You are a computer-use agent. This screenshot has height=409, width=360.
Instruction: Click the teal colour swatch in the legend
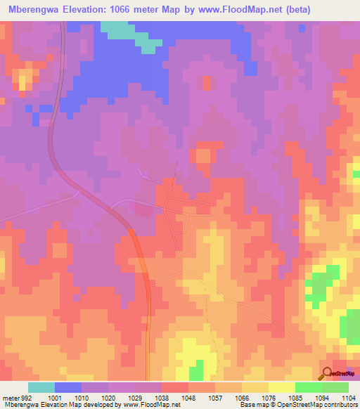(41, 387)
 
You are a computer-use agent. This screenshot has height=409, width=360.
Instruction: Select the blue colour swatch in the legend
(68, 387)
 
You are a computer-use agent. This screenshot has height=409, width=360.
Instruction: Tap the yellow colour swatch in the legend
(282, 387)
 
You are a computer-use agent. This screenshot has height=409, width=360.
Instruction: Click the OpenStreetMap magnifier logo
(328, 373)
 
